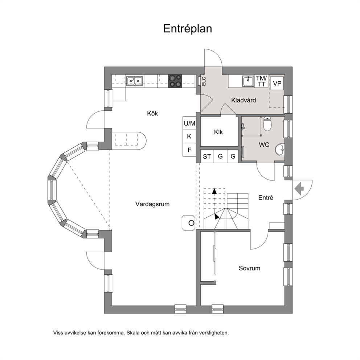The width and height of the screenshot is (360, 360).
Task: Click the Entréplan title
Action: coord(187,29)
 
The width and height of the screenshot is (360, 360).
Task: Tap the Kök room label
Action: coord(152,114)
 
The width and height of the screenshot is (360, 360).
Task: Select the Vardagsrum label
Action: coord(152,204)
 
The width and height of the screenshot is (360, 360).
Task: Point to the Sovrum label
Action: coord(249,268)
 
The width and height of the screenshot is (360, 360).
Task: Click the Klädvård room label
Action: coord(244,100)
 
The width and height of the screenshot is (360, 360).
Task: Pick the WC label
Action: coord(264,145)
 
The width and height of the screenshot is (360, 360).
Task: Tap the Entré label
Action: coord(266,198)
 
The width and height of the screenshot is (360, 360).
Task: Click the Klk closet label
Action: coord(218,132)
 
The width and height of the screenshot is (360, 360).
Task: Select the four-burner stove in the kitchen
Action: coord(175,81)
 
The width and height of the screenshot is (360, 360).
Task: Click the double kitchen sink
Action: coord(135,81)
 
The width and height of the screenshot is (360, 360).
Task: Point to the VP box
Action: coord(277,83)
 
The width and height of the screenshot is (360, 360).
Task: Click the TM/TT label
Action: coord(262,81)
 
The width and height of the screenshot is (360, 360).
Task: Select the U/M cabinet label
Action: coord(189,123)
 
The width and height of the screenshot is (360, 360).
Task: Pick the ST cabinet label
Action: coord(207,156)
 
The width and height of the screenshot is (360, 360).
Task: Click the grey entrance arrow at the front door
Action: coord(299,188)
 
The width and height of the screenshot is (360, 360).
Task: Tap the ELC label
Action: coord(204,81)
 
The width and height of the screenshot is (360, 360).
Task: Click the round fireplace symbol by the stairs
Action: coord(191,223)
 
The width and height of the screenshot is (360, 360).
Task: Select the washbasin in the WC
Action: coord(280,150)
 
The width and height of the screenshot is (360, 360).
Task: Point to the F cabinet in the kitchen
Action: coord(189,150)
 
